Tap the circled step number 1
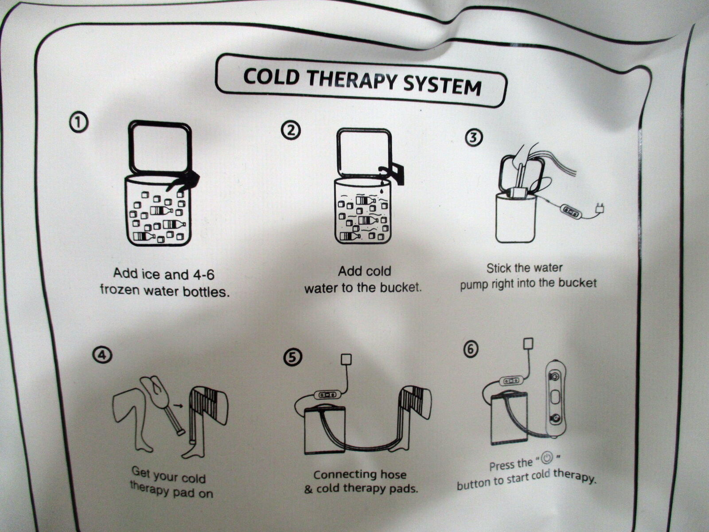79,122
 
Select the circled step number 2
290,130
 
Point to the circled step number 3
474,137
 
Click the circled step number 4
102,355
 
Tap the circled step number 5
292,357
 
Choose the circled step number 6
471,349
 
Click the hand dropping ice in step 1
184,181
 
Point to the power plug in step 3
600,208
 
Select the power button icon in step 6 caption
546,458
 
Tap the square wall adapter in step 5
346,360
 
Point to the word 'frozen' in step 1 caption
120,289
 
